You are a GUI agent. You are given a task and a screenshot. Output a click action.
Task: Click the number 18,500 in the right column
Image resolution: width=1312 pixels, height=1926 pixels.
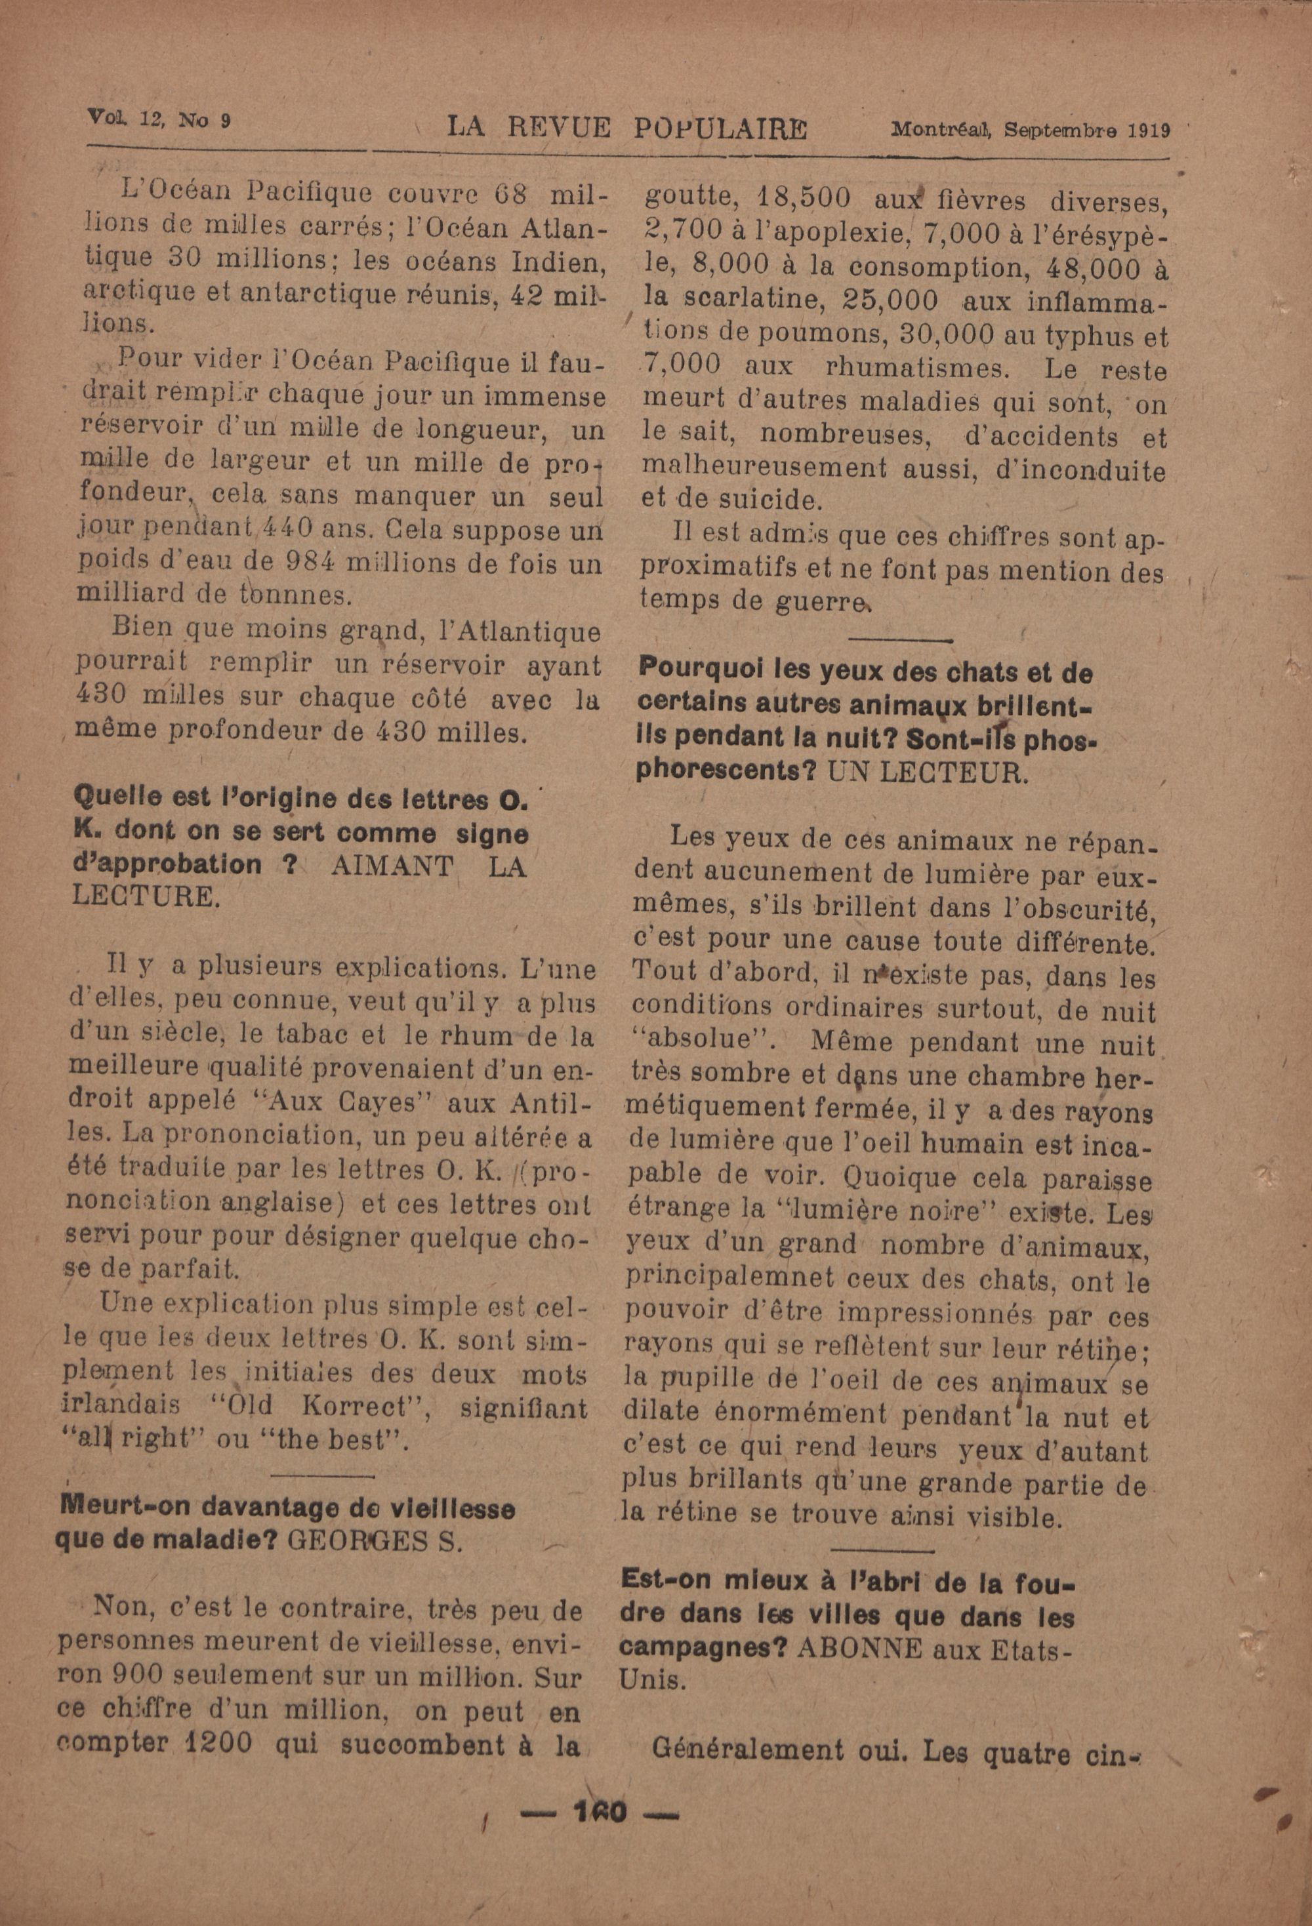tap(799, 201)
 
